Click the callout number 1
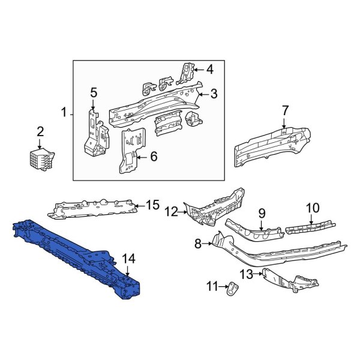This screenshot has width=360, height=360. point(64,112)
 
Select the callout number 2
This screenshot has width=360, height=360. point(40,131)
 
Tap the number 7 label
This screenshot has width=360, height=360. point(285,110)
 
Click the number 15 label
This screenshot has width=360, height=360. point(152,206)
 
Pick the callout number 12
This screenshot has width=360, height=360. point(172,211)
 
